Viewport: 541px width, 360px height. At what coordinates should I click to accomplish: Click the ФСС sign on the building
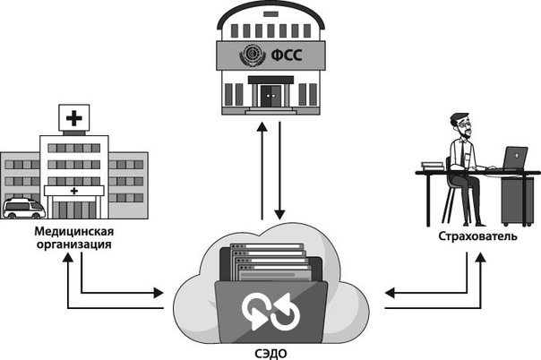(270, 56)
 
